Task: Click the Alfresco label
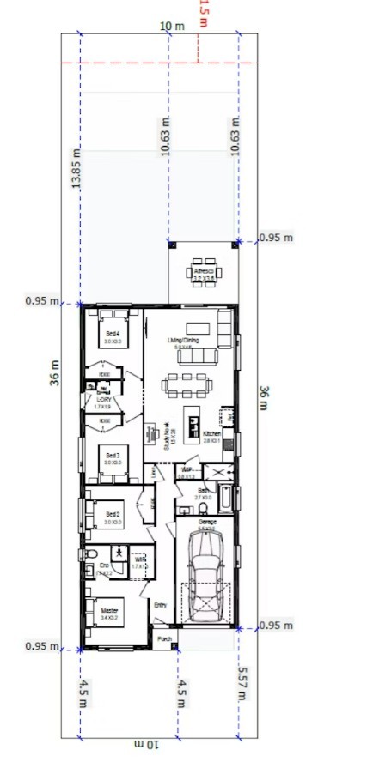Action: [203, 270]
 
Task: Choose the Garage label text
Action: [205, 522]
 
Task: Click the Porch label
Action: [163, 638]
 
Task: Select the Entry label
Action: [161, 605]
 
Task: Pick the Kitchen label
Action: [212, 434]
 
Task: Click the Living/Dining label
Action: [184, 341]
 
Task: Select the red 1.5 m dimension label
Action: [203, 14]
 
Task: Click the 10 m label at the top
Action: [172, 26]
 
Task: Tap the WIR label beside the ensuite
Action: [140, 559]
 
